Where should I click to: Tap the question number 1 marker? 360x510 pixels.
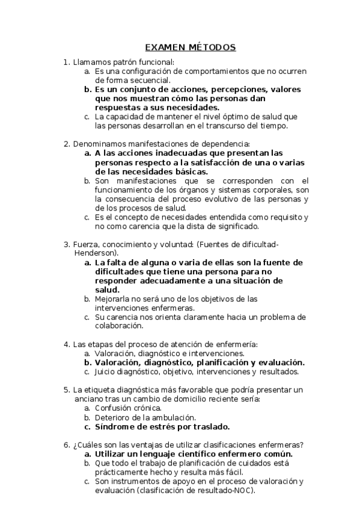click(67, 62)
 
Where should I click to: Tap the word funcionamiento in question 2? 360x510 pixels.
click(124, 189)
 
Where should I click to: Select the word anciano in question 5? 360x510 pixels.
click(88, 399)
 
